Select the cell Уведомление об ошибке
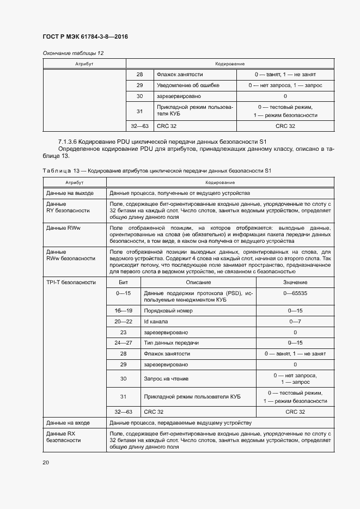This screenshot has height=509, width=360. [x=188, y=85]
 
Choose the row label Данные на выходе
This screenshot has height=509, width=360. [x=70, y=193]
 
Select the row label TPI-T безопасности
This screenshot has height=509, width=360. [x=71, y=283]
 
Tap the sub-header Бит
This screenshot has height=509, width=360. [x=123, y=283]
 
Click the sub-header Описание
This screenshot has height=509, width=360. [x=198, y=283]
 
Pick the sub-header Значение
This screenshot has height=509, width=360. [x=295, y=283]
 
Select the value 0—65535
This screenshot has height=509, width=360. [x=295, y=293]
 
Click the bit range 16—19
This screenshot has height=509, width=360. [x=123, y=310]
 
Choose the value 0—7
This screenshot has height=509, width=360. [x=295, y=321]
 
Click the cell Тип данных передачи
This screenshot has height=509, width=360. [x=171, y=343]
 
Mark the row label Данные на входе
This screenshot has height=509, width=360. [x=68, y=422]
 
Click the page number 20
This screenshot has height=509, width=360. [x=46, y=462]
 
